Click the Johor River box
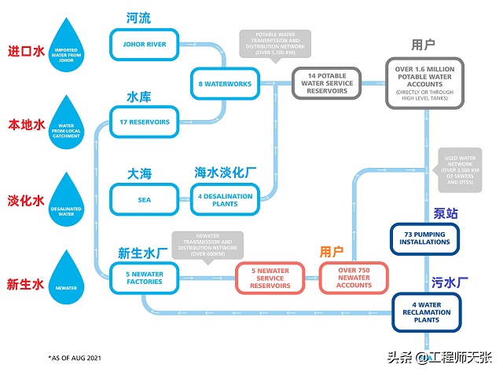(x=145, y=45)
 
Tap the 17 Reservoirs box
(x=145, y=122)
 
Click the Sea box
(x=145, y=199)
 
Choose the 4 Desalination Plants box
(x=226, y=199)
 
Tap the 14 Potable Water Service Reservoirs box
(x=328, y=83)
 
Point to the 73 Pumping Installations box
(x=425, y=238)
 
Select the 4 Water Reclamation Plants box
(x=425, y=311)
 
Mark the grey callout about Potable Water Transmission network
(x=274, y=46)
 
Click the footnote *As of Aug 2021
(x=75, y=358)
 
